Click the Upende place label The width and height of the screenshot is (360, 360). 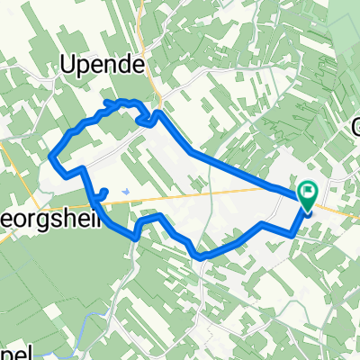click(105, 63)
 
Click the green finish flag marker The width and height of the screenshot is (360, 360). click(309, 192)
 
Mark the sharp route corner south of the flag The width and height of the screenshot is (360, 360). click(293, 231)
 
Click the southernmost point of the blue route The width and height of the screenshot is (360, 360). click(200, 256)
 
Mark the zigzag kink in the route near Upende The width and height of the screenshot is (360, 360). click(144, 118)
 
